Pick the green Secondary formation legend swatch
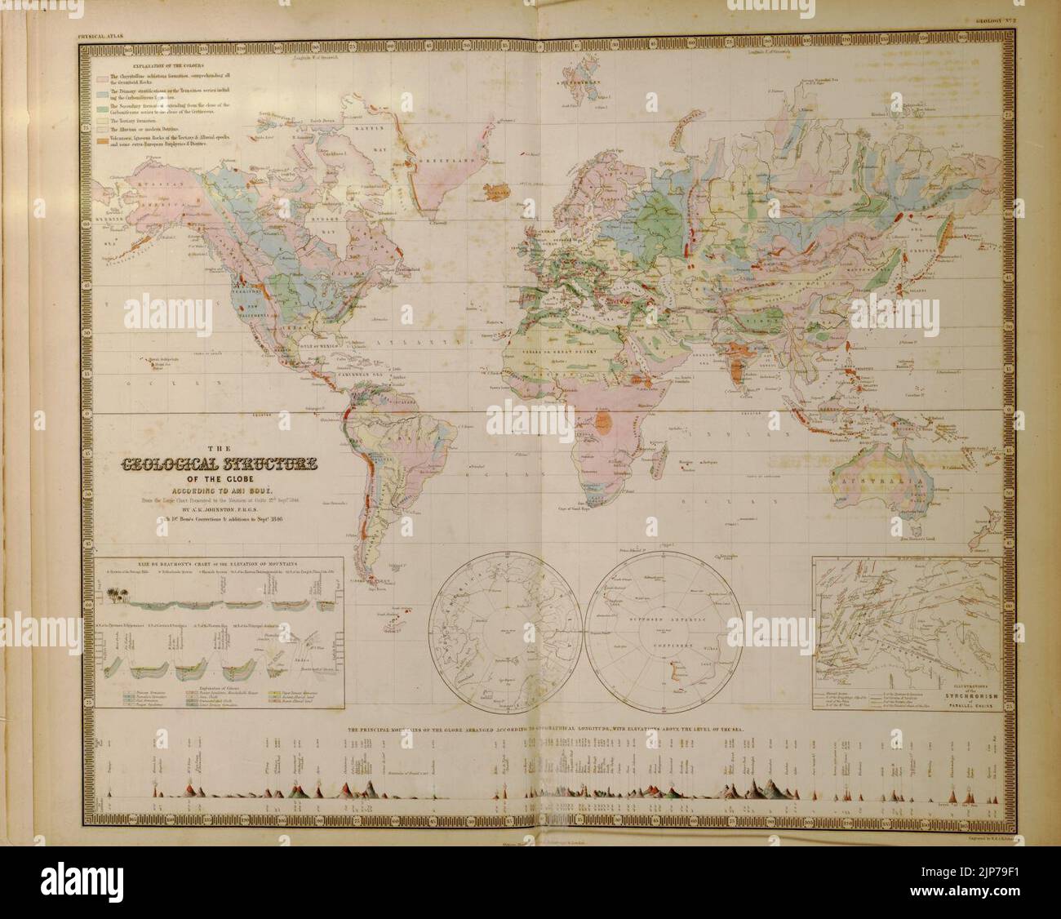point(102,109)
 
